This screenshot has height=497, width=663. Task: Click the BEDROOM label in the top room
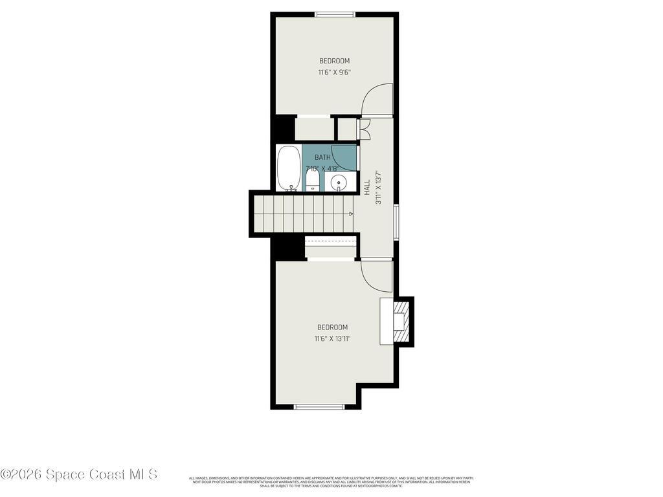click(334, 61)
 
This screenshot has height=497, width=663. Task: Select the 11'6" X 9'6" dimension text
click(334, 72)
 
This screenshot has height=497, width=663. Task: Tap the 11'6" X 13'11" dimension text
click(332, 338)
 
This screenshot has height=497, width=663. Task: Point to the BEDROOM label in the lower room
click(332, 327)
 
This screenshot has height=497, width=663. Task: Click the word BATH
click(322, 157)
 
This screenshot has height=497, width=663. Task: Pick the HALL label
click(367, 188)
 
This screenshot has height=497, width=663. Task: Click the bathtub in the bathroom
click(289, 168)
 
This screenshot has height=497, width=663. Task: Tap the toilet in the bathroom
click(312, 181)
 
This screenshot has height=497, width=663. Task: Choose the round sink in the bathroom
click(339, 183)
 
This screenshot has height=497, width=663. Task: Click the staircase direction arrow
click(350, 214)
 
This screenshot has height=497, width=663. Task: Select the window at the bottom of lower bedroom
click(319, 407)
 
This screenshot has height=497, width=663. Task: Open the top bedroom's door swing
click(377, 100)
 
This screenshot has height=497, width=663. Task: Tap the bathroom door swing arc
click(345, 158)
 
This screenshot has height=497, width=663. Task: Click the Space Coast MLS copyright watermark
click(78, 474)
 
